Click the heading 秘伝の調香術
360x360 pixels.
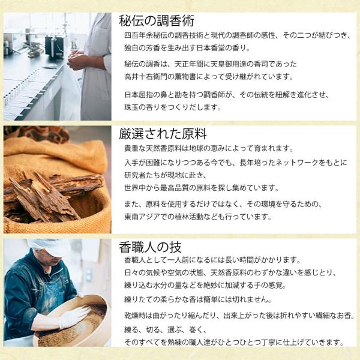tap(157, 21)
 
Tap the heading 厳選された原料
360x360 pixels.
tap(163, 134)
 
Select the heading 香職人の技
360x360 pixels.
tap(150, 247)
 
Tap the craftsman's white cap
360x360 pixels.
tap(49, 247)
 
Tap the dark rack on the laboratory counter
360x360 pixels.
tap(54, 47)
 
